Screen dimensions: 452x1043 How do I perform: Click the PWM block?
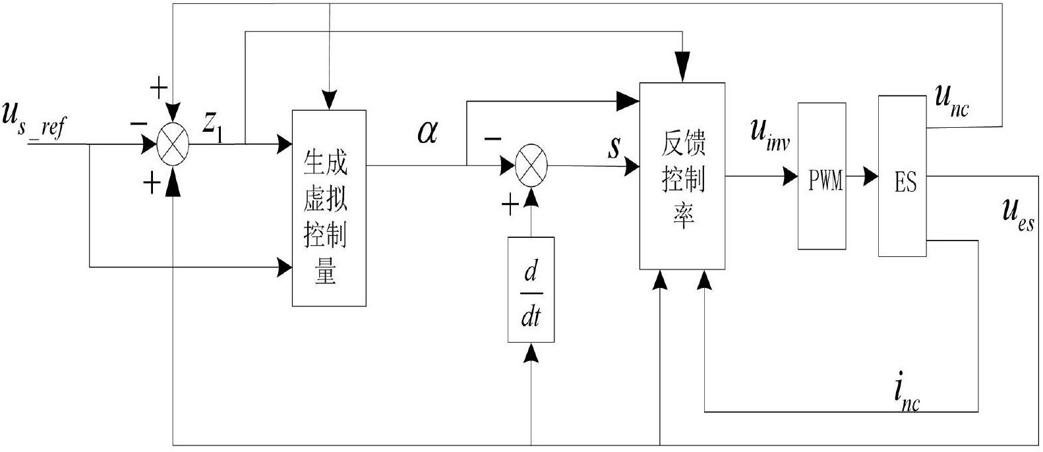click(x=821, y=176)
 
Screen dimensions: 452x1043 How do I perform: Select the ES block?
click(x=903, y=176)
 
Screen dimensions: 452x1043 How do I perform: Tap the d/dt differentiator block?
click(x=531, y=289)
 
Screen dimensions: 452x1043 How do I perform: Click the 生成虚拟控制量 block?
click(x=329, y=208)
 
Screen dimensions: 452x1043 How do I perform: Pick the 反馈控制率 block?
click(x=682, y=176)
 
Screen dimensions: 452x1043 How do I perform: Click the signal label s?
click(x=614, y=147)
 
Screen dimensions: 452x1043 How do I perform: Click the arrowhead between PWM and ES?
click(x=871, y=176)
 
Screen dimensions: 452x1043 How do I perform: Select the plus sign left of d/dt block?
click(x=510, y=207)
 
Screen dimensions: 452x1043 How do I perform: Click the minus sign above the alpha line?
click(x=492, y=138)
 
